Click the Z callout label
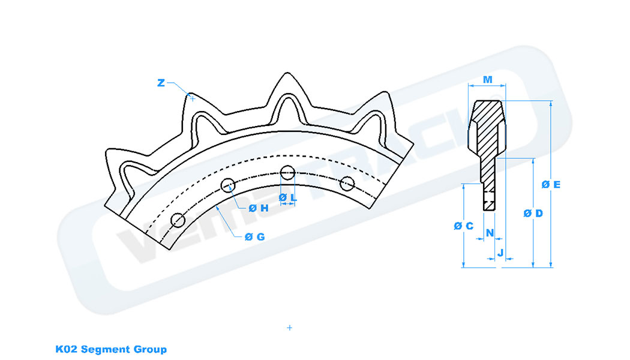coord(161,83)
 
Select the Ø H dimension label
coord(259,208)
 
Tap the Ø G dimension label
coord(254,236)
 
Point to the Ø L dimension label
coord(287,197)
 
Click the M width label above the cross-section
coord(487,79)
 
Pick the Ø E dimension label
coord(551,185)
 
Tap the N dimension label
coord(490,232)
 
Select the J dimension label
coord(499,253)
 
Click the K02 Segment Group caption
coord(111,349)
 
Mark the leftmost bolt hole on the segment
coord(178,220)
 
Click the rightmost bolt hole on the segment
coord(346,183)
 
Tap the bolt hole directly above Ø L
coord(287,172)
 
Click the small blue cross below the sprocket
coord(290,328)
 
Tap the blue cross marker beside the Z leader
coord(192,98)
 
